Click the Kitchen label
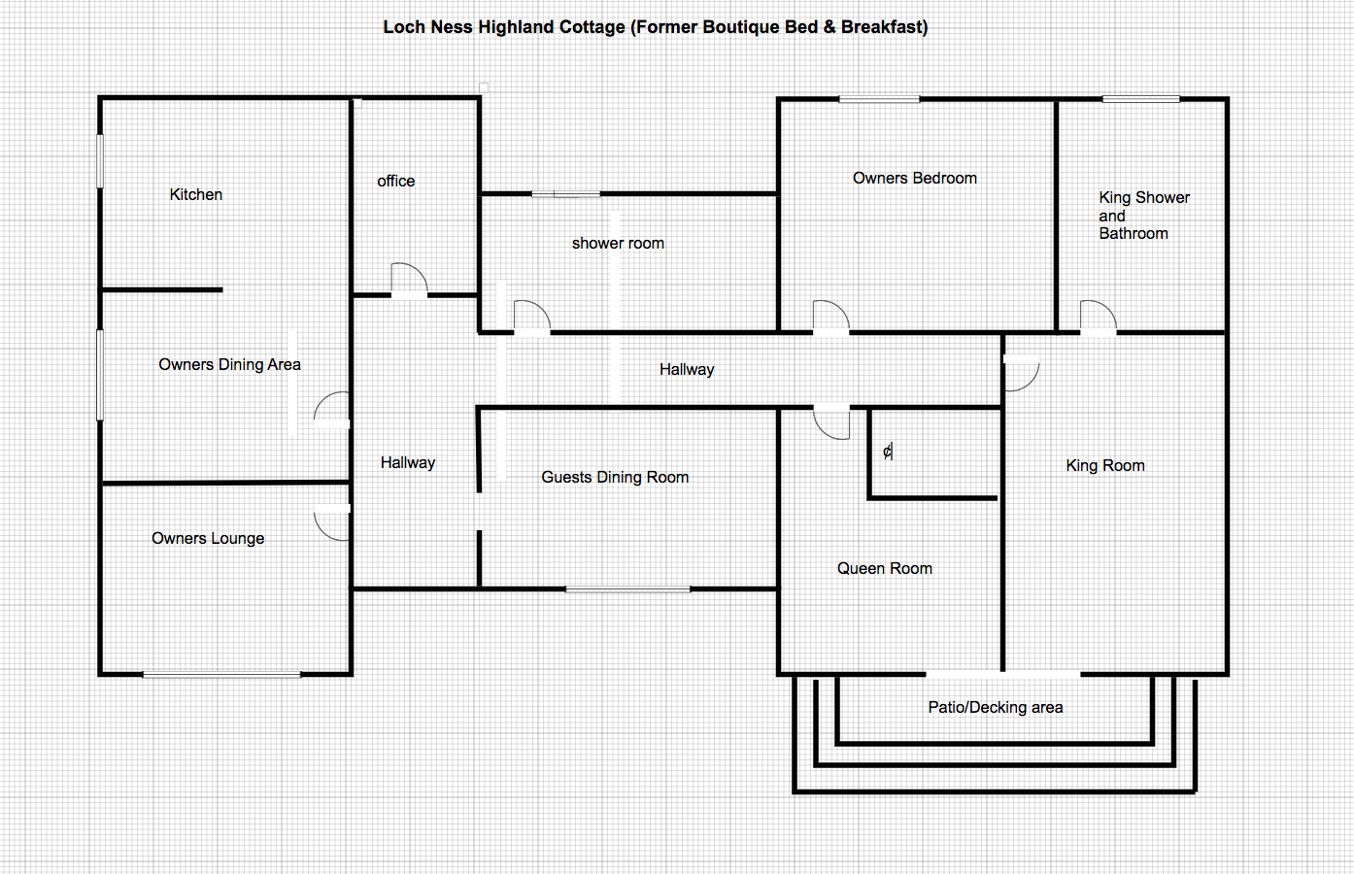[x=196, y=194]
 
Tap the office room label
[x=396, y=181]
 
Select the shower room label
[x=618, y=243]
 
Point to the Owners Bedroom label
[x=915, y=179]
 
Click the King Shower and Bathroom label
[x=1144, y=216]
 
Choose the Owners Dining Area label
[x=229, y=364]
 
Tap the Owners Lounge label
[x=208, y=539]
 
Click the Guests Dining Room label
[x=615, y=477]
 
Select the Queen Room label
[x=884, y=568]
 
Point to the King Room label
[x=1105, y=465]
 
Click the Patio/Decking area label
[x=995, y=707]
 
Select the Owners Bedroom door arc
[x=840, y=307]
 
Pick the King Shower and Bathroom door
[x=1107, y=307]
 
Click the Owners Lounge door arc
[x=322, y=531]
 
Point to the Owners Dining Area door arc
[x=322, y=400]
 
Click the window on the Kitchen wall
[x=100, y=161]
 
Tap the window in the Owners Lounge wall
[x=221, y=675]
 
